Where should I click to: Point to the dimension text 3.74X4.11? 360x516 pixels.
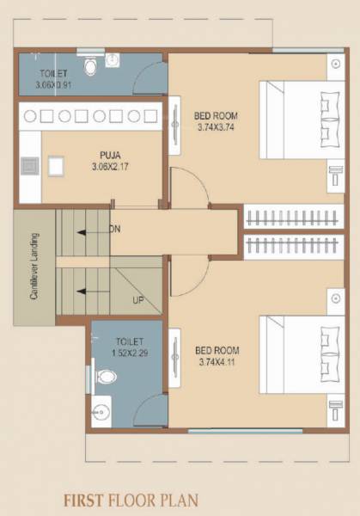click(x=218, y=361)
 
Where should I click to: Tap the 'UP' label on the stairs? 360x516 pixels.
click(x=137, y=300)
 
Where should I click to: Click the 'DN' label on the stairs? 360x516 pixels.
click(x=115, y=230)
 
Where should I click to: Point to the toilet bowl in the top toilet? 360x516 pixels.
click(x=90, y=65)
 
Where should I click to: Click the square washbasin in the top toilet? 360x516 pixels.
click(x=113, y=60)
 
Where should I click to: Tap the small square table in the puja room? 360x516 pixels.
click(x=57, y=165)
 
